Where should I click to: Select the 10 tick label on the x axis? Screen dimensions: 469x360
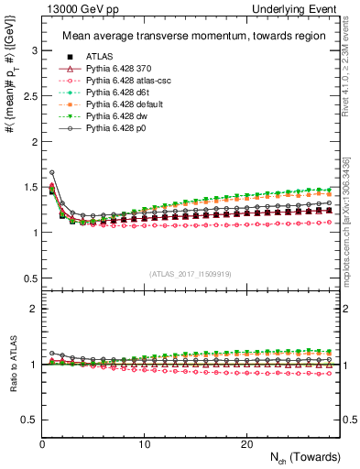pos(145,444)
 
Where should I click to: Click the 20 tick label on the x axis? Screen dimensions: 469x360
pos(246,444)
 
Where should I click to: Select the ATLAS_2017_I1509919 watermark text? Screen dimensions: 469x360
pos(191,272)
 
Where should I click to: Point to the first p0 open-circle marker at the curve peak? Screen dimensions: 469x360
pos(52,172)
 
